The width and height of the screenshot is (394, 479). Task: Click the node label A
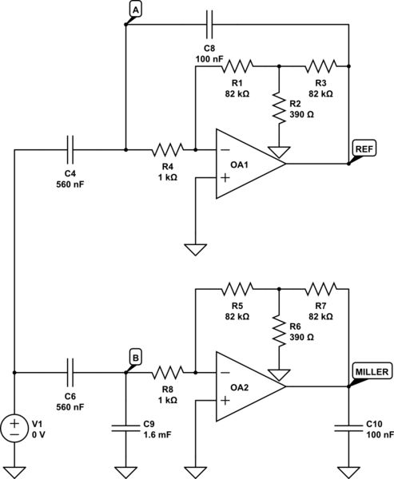click(x=135, y=9)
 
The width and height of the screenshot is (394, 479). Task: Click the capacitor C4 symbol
click(x=70, y=148)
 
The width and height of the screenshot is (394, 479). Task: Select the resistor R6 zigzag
click(x=278, y=328)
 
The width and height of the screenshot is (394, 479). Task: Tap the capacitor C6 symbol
click(x=70, y=372)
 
